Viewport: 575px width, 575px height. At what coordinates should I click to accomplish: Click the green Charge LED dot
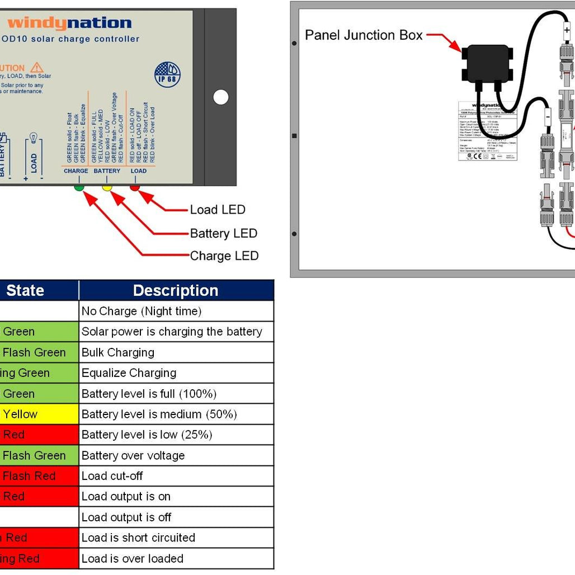pos(79,187)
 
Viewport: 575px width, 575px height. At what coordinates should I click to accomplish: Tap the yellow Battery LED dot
pos(107,187)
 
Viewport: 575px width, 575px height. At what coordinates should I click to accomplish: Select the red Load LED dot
pos(134,187)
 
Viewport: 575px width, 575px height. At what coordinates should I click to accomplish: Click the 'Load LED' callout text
pos(218,210)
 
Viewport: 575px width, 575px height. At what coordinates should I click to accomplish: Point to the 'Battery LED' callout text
pos(223,233)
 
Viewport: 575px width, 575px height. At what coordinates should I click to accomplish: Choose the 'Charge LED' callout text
pos(224,256)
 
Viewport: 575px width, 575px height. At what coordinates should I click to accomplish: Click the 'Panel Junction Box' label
pos(364,35)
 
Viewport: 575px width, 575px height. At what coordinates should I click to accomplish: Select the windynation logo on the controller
pos(69,23)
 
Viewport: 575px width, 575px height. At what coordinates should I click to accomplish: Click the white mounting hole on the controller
pos(221,97)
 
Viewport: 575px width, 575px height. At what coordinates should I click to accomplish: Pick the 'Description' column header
pos(176,290)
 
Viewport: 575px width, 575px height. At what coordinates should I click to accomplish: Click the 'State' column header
pos(25,290)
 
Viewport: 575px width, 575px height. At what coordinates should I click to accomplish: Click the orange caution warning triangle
pos(37,68)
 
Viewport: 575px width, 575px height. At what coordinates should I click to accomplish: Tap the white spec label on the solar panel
pos(487,130)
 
